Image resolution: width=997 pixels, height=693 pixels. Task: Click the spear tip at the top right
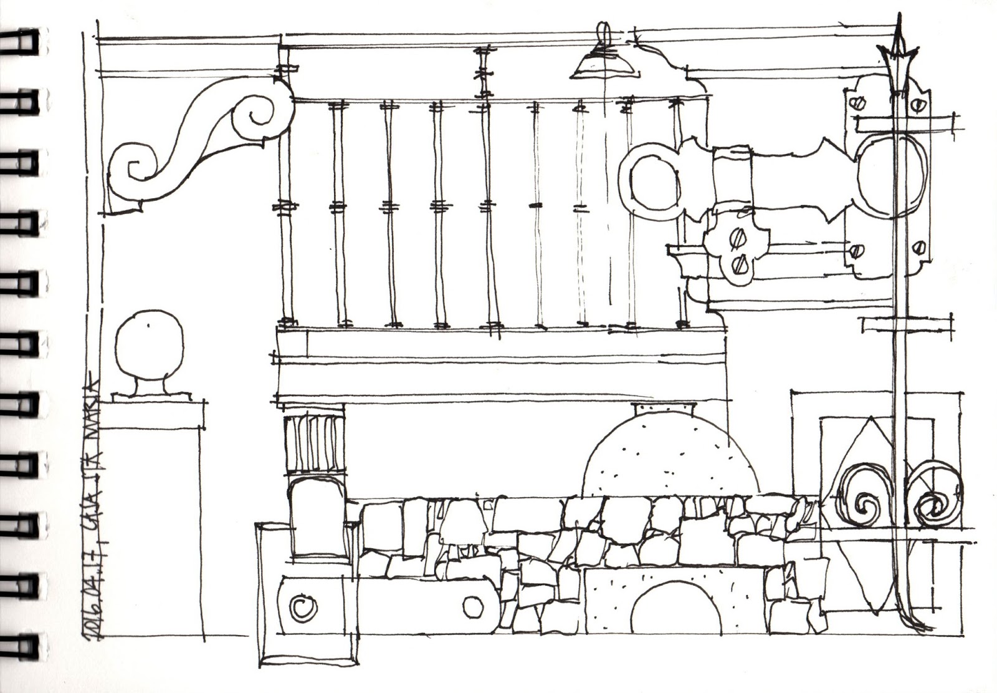(x=897, y=47)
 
